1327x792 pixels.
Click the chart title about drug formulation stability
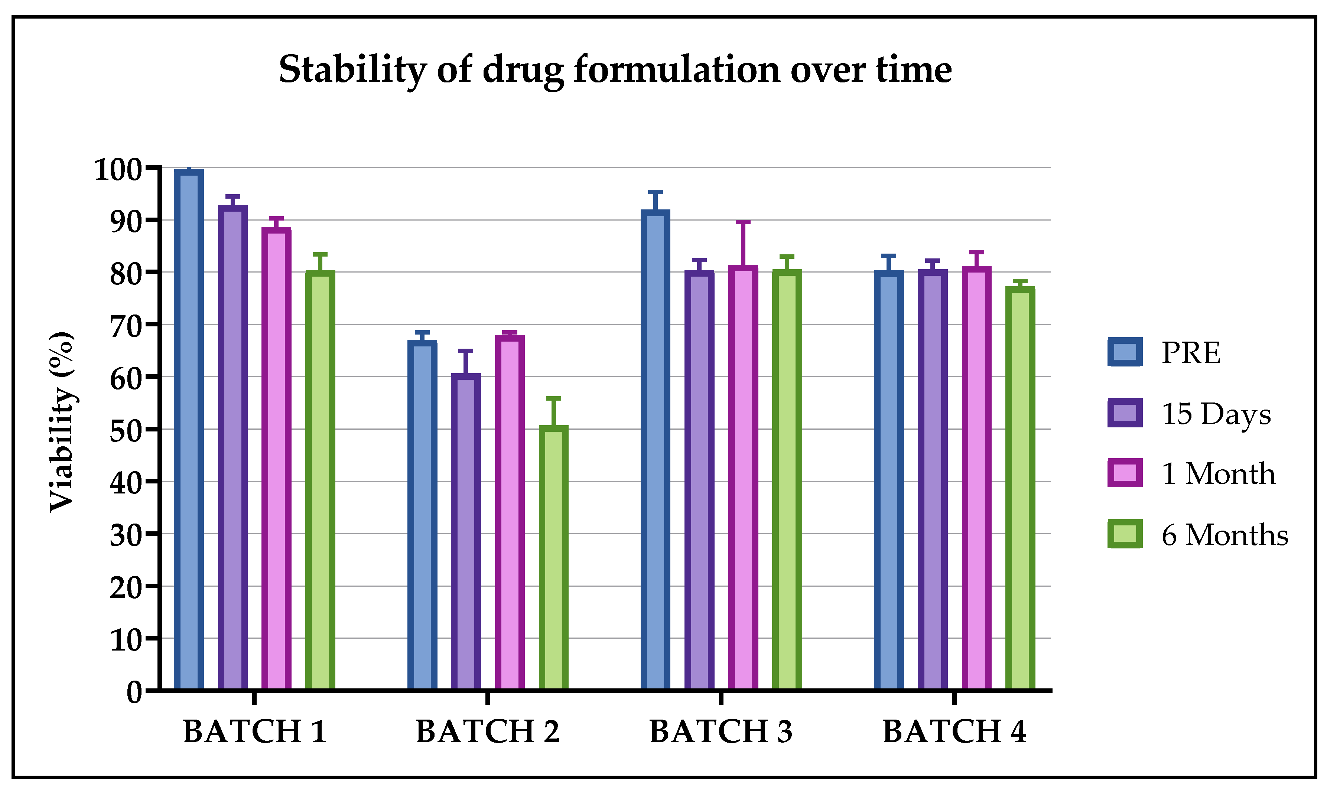click(615, 69)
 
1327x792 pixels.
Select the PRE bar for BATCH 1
click(189, 430)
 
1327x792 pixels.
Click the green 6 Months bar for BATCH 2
click(553, 558)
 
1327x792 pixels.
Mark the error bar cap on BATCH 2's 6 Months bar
click(553, 398)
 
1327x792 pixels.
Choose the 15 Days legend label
click(1216, 414)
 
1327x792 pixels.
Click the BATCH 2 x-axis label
click(487, 731)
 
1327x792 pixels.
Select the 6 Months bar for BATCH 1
click(320, 480)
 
